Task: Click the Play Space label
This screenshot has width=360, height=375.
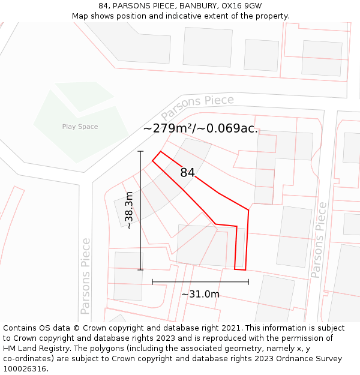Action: coord(80,127)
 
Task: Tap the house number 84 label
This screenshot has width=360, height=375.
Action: coord(187,173)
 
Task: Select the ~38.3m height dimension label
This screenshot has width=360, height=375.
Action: coord(128,211)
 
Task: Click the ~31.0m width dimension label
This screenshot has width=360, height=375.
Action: coord(200,294)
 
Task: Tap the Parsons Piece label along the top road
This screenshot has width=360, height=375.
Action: coord(197,106)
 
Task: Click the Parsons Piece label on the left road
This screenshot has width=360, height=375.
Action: coord(86,276)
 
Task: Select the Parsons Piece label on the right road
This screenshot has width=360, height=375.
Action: coord(319,240)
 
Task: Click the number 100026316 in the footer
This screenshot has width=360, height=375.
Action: coord(26,369)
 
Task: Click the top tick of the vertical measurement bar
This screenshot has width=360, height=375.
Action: coord(140,151)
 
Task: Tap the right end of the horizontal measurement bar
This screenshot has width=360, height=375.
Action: coord(248,281)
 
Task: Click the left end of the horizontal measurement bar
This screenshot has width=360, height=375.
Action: coord(152,281)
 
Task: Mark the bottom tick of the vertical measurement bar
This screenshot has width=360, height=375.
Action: coord(140,270)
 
